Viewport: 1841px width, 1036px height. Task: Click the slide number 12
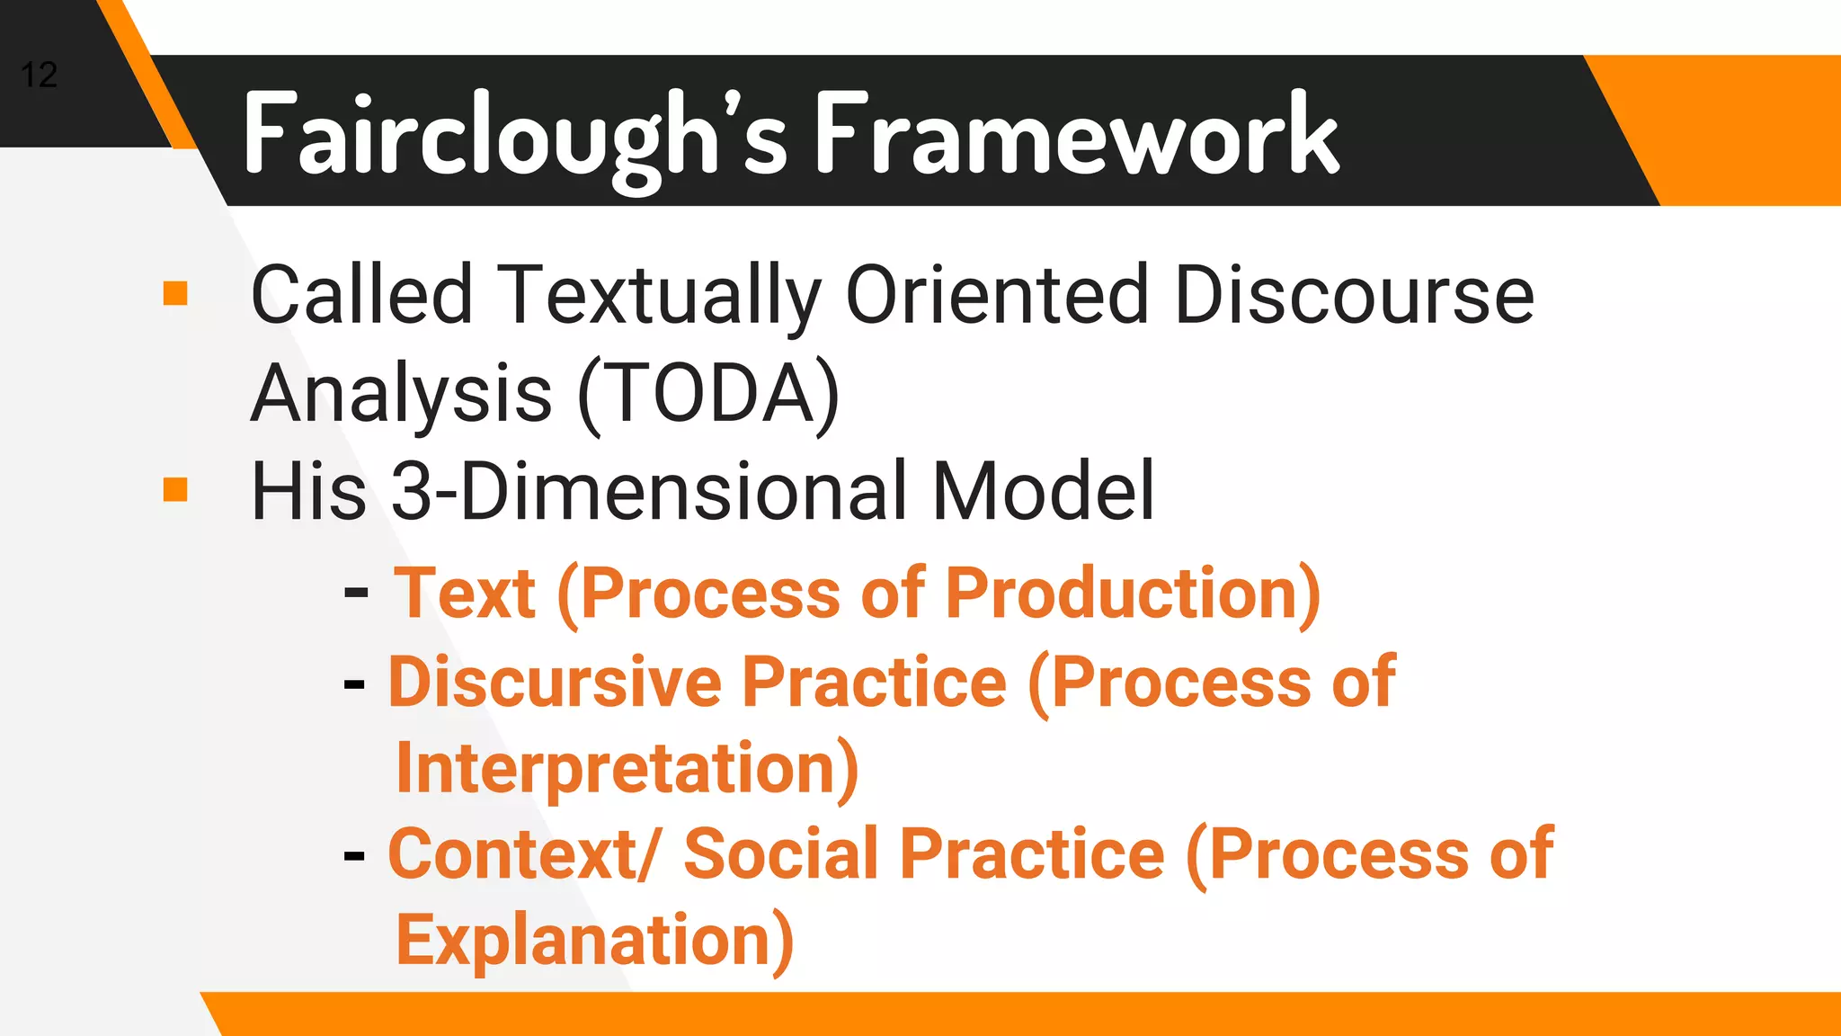tap(39, 75)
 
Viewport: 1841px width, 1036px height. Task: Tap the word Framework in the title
tap(1076, 135)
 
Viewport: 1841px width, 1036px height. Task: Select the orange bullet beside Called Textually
tap(175, 293)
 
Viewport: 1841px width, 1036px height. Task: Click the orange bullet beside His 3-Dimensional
tap(175, 489)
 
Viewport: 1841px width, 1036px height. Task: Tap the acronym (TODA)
tap(708, 393)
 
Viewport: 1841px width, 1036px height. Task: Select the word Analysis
tap(401, 393)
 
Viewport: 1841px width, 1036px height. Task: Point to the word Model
tap(1043, 491)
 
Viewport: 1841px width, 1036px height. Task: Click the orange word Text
tap(466, 594)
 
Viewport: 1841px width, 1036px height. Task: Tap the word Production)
tap(1133, 594)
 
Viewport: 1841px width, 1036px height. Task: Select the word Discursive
tap(555, 682)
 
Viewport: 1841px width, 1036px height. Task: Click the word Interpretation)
tap(627, 768)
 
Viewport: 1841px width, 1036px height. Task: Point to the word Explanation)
tap(594, 940)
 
